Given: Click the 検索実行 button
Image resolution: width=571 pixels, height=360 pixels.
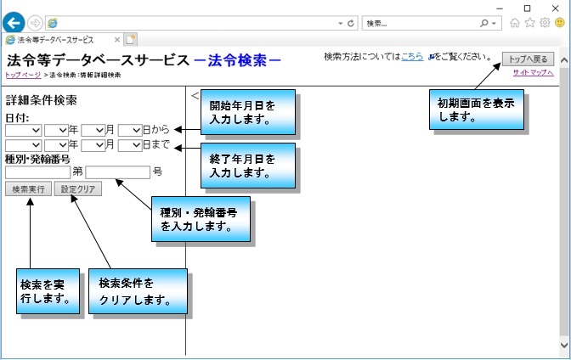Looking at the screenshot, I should click(28, 188).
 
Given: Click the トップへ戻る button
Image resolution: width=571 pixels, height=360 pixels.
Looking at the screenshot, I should click(529, 59).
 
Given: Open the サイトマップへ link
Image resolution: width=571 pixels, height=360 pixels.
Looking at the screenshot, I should click(533, 73).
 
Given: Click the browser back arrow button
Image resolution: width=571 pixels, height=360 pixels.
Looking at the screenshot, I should click(14, 23).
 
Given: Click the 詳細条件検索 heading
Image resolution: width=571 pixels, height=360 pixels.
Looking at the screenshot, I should click(42, 100).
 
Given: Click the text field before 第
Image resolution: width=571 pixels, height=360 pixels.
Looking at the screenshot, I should click(37, 172).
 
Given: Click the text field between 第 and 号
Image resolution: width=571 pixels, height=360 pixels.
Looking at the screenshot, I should click(117, 172).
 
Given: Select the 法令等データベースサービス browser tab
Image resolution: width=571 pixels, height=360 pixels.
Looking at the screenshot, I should click(59, 40).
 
